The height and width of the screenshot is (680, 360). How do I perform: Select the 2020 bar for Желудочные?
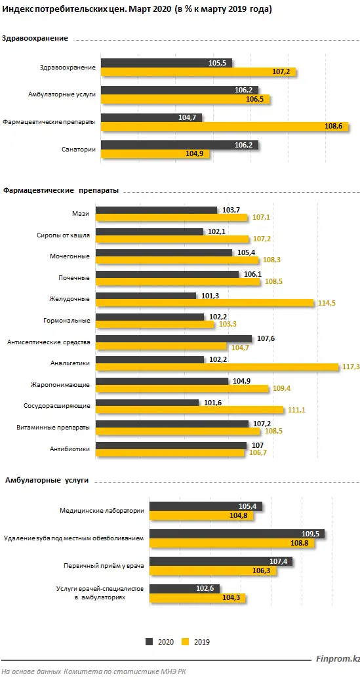146,296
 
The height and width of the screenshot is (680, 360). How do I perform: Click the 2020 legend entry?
161,642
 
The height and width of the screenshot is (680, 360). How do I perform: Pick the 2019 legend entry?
196,642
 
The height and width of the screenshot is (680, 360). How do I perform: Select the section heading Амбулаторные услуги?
47,481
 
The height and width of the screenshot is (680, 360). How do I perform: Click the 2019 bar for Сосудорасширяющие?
190,410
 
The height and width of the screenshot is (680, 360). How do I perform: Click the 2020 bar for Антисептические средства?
174,338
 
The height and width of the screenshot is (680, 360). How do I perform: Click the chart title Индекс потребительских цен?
138,10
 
